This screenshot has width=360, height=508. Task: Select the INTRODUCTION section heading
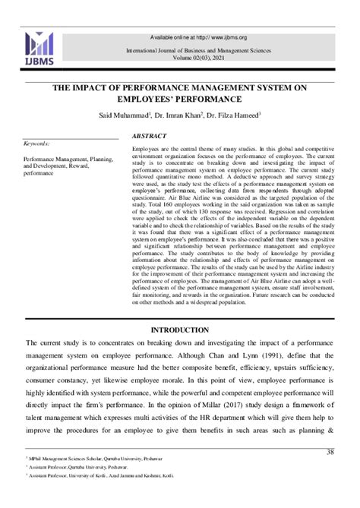pyautogui.click(x=179, y=330)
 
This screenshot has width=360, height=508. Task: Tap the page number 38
pyautogui.click(x=330, y=453)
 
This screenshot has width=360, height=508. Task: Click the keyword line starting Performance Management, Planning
pyautogui.click(x=68, y=159)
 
